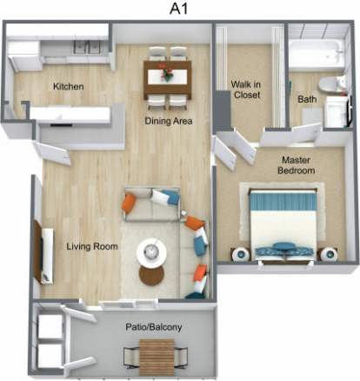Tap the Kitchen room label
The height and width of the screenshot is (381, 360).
tap(68, 87)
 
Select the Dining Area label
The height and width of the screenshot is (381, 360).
tap(168, 121)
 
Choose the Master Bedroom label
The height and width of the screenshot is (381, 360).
tap(295, 166)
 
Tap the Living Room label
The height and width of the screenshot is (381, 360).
tap(92, 246)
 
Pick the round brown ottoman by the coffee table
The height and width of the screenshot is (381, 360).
tap(150, 276)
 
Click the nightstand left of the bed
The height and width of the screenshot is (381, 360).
tap(237, 254)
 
